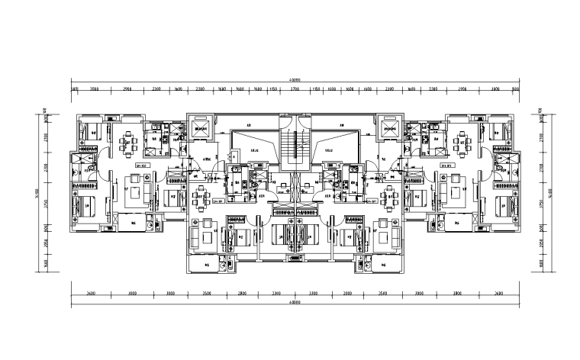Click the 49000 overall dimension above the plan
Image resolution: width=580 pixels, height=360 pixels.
[x=294, y=79]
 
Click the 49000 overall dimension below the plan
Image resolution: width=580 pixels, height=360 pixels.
[x=294, y=304]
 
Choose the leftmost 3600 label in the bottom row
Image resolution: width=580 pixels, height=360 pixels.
[x=91, y=293]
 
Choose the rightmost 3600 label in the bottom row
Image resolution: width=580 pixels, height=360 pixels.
[x=498, y=293]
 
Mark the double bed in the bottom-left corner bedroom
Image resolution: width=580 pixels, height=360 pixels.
[x=85, y=207]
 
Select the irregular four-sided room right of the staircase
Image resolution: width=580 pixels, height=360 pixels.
[x=333, y=146]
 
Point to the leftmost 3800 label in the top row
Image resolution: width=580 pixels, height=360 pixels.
[x=95, y=90]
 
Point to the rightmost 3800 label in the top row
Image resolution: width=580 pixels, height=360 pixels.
[x=494, y=90]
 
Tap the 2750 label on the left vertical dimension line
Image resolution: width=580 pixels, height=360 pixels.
[x=44, y=204]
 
